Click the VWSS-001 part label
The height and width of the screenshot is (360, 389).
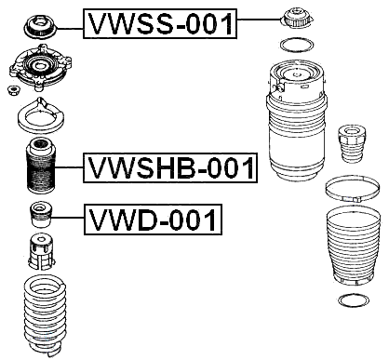coord(160,23)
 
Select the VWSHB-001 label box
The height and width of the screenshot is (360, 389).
coord(169,168)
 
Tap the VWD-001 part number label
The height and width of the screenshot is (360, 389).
coord(154,220)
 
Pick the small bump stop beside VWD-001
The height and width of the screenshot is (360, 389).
coord(42,214)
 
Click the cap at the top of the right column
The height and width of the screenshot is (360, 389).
coord(294,19)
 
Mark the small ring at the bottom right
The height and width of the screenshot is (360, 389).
coord(350,300)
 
